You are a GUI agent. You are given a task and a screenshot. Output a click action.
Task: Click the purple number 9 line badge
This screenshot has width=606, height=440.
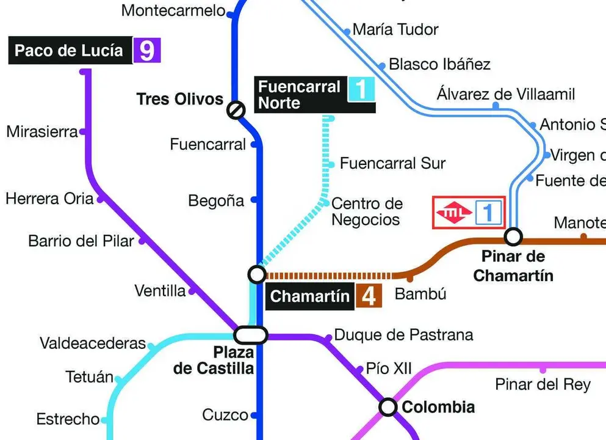[147, 51]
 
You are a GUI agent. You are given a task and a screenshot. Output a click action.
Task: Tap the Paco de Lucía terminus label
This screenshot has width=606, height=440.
[69, 51]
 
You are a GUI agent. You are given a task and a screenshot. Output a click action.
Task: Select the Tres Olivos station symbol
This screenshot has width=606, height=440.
[236, 110]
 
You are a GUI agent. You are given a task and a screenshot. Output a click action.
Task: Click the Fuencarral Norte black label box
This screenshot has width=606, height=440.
[299, 95]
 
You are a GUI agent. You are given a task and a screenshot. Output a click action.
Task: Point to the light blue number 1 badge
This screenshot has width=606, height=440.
[361, 89]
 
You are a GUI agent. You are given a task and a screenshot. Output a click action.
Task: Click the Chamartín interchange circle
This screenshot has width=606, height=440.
[257, 274]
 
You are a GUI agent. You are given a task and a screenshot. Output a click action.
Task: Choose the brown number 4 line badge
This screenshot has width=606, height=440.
[369, 296]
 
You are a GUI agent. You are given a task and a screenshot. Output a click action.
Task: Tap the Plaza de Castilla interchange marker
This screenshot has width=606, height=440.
[251, 334]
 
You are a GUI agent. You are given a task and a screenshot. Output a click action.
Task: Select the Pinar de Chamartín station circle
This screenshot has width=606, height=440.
[513, 236]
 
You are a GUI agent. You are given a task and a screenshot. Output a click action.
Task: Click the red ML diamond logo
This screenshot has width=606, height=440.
[454, 213]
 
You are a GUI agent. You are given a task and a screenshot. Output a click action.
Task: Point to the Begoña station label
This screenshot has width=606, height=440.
[216, 200]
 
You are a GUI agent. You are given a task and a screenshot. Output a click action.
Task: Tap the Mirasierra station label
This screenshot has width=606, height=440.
[42, 131]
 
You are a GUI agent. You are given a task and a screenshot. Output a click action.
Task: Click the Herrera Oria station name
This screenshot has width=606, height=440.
[49, 199]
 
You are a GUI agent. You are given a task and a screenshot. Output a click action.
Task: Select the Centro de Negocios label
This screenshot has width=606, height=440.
[367, 211]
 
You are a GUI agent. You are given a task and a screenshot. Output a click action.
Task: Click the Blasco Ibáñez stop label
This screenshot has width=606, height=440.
[439, 64]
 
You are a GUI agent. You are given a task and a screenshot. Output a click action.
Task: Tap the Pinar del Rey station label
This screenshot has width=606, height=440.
[543, 384]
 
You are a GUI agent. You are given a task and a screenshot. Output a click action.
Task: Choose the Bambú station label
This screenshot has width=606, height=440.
[420, 294]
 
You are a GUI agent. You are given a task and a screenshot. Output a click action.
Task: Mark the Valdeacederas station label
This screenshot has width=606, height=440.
[93, 343]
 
